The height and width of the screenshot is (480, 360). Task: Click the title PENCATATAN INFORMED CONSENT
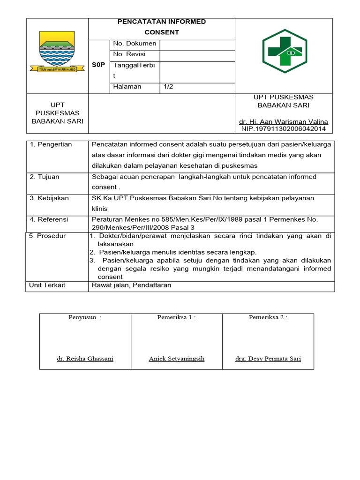(161, 27)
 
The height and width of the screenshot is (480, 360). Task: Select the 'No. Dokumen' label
(135, 44)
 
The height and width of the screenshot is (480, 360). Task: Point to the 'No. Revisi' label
(129, 54)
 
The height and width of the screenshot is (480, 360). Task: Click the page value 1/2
(168, 87)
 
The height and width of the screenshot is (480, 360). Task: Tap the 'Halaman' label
(127, 87)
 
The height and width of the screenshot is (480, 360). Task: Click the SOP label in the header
(98, 65)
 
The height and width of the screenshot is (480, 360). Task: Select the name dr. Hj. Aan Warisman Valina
(284, 122)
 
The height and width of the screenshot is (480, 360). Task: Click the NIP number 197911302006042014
(284, 129)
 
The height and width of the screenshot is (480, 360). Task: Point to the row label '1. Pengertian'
(51, 144)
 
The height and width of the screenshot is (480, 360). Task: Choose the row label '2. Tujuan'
(45, 177)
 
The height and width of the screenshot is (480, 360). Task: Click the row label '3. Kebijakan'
(49, 198)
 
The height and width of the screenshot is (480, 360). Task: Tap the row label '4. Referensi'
(49, 219)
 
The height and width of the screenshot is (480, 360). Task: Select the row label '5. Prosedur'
(47, 236)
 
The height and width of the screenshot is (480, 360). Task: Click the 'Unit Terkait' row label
(47, 285)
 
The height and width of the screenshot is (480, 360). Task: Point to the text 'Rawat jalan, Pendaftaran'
(132, 285)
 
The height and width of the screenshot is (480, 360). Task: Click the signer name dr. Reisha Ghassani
(85, 359)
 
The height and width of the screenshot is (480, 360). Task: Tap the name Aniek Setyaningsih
(176, 359)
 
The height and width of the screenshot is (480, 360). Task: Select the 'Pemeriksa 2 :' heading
(268, 317)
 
